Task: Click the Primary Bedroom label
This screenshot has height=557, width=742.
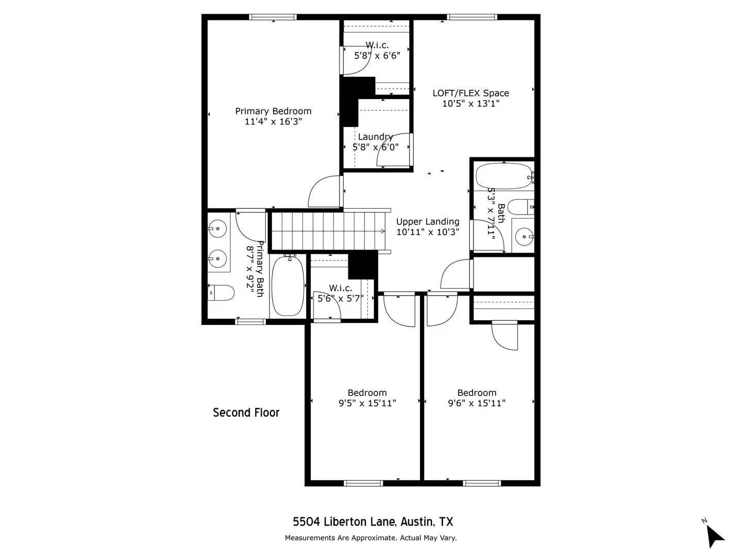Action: coord(273,111)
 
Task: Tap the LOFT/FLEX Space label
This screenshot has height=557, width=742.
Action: coord(470,93)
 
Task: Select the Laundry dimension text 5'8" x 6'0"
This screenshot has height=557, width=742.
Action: coord(376,147)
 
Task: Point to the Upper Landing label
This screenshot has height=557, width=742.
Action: coord(428,222)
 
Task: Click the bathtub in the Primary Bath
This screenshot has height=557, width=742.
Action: coord(288,286)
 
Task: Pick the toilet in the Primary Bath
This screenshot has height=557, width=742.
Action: coord(221,293)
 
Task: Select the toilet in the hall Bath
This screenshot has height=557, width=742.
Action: coord(520,207)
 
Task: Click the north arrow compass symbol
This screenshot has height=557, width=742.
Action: coord(714,535)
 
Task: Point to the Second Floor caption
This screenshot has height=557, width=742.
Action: coord(246,413)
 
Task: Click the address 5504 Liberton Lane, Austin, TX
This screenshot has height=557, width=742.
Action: coord(373,521)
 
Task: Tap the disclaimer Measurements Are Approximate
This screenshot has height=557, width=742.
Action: coord(370,538)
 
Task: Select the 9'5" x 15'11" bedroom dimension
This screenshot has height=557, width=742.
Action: coord(367,403)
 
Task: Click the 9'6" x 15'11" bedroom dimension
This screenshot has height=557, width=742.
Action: coord(477,403)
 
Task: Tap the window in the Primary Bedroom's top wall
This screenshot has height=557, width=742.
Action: coord(273,17)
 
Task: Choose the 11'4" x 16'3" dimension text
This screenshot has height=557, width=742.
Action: coord(273,122)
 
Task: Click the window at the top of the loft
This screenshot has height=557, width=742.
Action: coord(472,17)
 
